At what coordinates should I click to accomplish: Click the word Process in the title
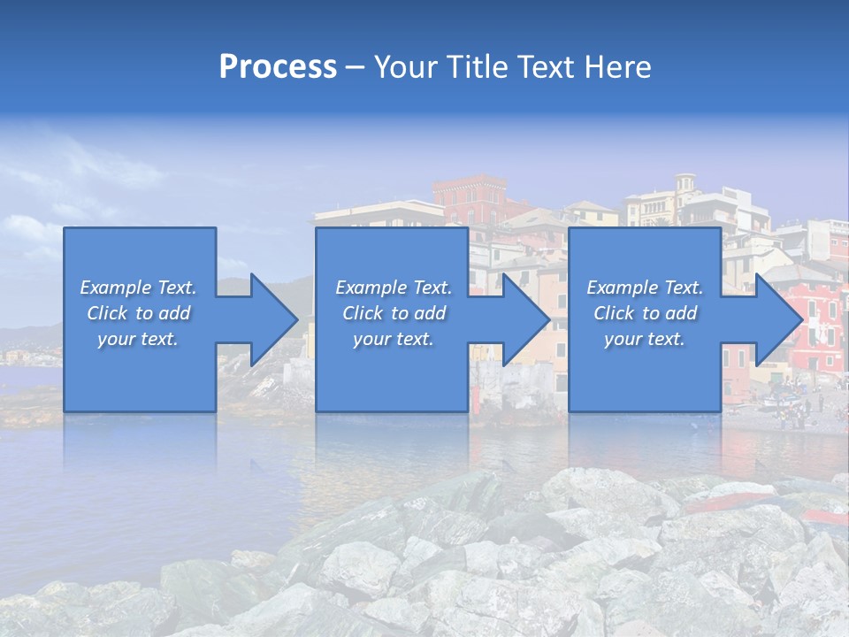[278, 67]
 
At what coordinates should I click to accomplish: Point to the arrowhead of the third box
[777, 319]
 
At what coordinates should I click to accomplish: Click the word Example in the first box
[114, 288]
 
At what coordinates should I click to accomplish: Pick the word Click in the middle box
[362, 313]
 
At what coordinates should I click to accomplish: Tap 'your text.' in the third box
[644, 339]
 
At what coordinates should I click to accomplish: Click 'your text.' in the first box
[138, 339]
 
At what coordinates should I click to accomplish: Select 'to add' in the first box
[163, 313]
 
